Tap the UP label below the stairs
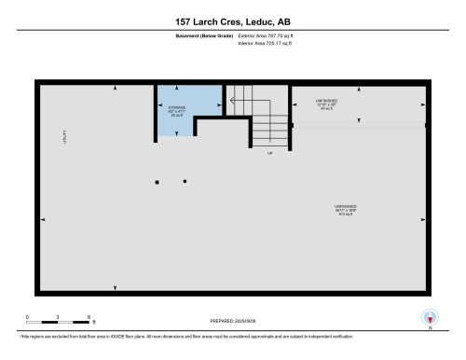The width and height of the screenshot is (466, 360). point(270,152)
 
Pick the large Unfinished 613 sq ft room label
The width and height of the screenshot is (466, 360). point(346,210)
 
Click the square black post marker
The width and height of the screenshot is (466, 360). point(157,182)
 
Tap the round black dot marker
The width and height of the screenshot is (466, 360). point(185,180)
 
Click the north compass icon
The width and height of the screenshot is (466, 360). point(430,317)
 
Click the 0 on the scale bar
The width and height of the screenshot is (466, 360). point(27,317)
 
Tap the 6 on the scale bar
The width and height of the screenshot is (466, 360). point(88,317)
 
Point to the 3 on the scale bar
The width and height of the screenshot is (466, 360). point(58,317)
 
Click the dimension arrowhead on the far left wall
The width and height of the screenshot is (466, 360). point(43,220)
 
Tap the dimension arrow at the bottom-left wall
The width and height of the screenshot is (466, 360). point(116,288)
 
